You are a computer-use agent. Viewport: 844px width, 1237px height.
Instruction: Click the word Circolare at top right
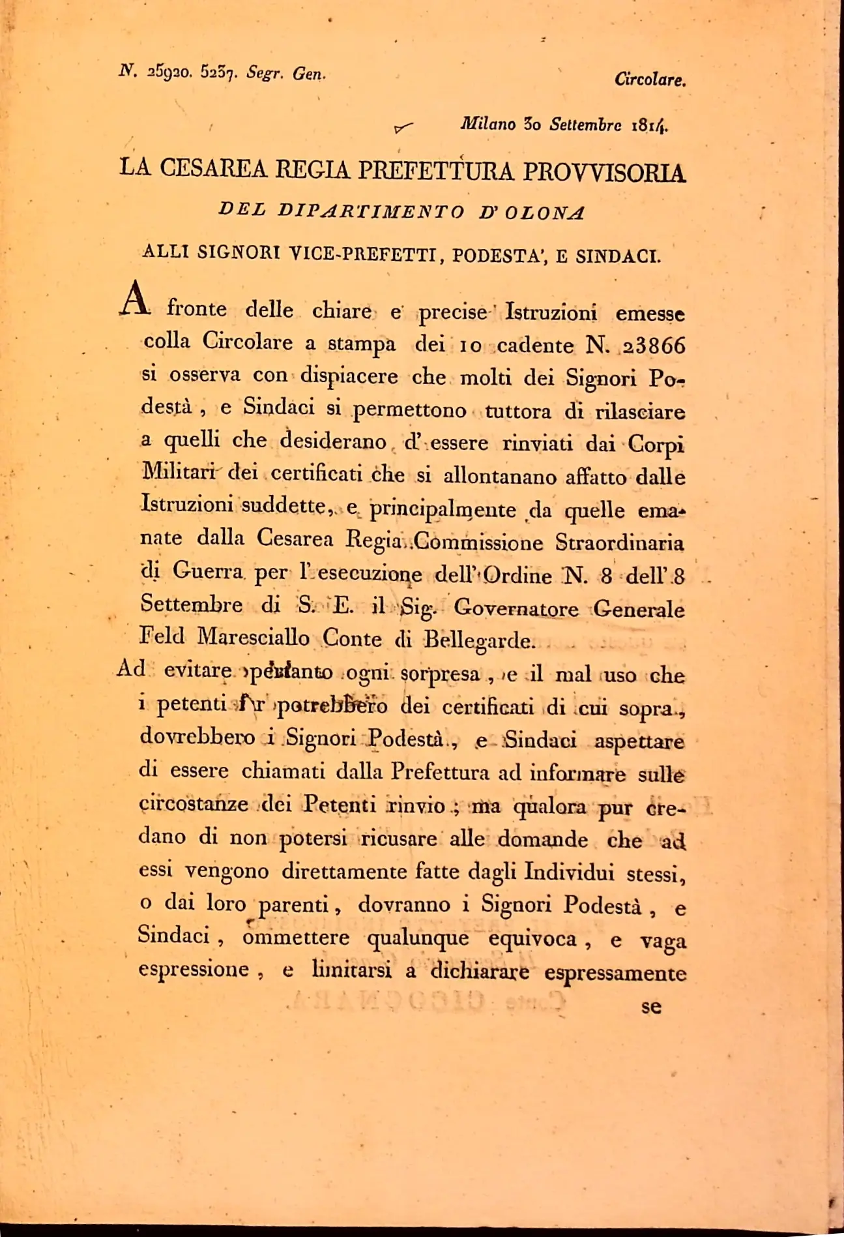[650, 80]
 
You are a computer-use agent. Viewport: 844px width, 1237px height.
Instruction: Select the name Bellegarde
[480, 640]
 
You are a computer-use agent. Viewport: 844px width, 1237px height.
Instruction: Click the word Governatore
[516, 608]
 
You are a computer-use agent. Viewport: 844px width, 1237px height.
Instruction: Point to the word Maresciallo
[254, 638]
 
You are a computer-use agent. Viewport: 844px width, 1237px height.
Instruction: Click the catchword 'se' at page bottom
[651, 1006]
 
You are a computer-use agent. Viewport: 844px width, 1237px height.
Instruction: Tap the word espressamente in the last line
[615, 973]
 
